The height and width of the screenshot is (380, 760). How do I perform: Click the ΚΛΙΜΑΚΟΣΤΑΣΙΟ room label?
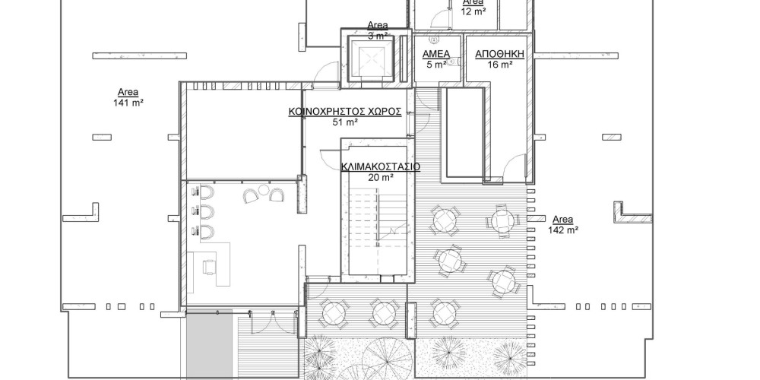[381, 166]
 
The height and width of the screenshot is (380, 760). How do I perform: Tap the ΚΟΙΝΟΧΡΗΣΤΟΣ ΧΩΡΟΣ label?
[345, 112]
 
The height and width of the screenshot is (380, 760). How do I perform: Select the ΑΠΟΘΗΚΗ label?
[499, 54]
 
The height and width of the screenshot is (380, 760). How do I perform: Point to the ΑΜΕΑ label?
[436, 54]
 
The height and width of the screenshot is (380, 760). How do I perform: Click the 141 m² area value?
[128, 103]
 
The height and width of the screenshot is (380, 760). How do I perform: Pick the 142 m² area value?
[563, 230]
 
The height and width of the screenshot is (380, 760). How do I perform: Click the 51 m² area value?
[345, 122]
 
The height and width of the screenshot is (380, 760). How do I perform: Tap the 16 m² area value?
[500, 65]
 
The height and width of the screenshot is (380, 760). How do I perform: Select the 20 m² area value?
[381, 178]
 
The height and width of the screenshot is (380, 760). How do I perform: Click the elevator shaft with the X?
[372, 59]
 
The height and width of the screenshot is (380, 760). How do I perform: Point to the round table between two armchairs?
[264, 189]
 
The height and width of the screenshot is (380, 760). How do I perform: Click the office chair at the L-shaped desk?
[211, 267]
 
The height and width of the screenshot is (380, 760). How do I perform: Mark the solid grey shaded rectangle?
[210, 344]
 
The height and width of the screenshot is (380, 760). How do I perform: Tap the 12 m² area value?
[473, 11]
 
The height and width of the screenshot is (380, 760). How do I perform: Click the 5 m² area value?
[436, 65]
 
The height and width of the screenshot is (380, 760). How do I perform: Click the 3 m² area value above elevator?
[378, 36]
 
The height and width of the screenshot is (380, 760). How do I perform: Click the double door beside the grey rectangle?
[263, 321]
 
